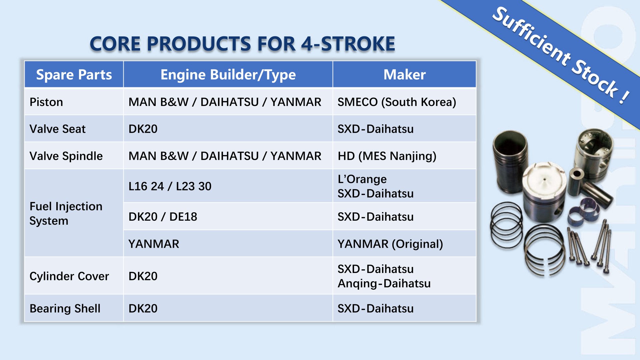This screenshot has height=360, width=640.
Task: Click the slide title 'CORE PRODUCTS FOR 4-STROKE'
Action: (242, 44)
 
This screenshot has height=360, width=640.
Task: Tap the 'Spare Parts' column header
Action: (74, 75)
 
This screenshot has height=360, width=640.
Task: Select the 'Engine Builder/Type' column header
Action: (228, 75)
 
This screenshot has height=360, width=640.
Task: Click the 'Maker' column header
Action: (405, 75)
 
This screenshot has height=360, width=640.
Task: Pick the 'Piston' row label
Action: (46, 102)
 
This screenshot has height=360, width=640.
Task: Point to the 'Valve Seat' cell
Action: (57, 129)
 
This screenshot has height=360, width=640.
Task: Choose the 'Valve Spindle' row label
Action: (66, 156)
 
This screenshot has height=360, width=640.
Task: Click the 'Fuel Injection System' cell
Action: (66, 213)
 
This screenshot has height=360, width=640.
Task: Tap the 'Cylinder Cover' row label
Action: (69, 276)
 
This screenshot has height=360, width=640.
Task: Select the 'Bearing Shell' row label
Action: (65, 309)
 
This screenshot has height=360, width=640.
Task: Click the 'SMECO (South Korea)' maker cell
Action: (397, 102)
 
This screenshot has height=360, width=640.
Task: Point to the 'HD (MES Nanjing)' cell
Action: (387, 156)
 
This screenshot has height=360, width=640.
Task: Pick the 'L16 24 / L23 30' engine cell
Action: (170, 186)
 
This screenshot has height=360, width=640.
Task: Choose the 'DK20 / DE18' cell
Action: (163, 217)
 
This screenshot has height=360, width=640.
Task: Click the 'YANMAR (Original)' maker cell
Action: (390, 244)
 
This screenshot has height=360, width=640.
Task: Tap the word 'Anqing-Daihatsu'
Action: (384, 284)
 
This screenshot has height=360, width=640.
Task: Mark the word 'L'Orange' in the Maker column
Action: (362, 179)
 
